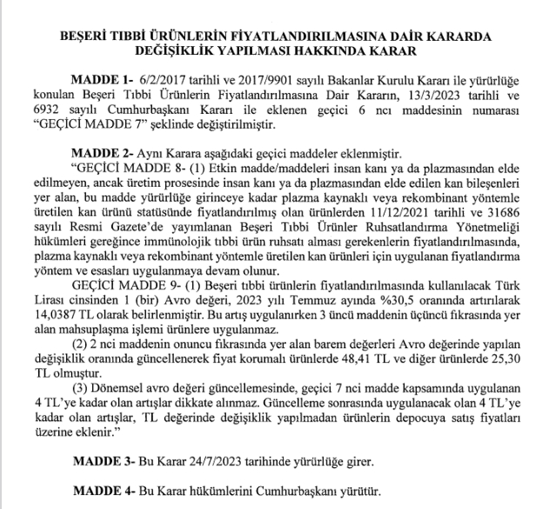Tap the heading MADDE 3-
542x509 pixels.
(102, 456)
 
